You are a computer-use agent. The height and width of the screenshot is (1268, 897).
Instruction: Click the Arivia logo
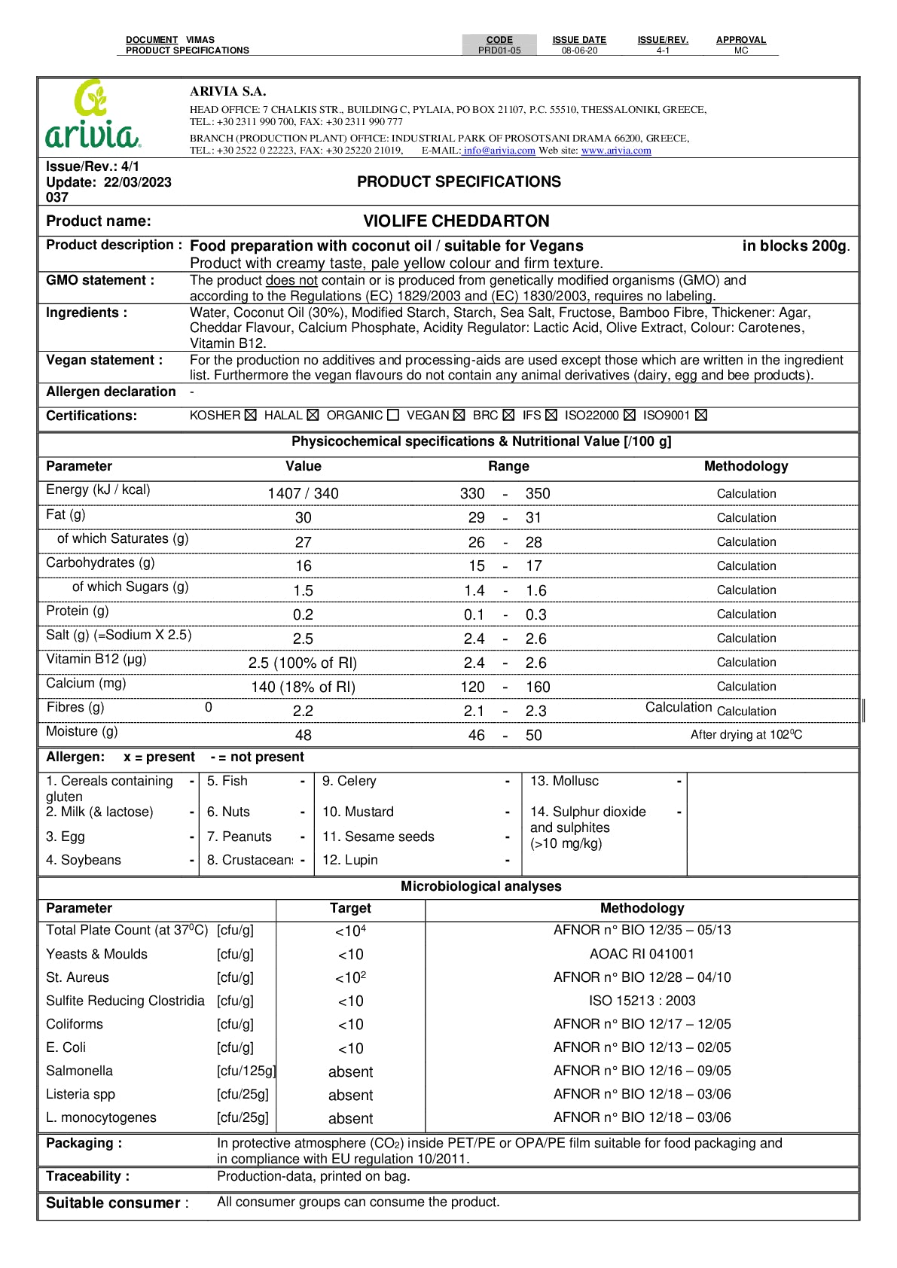[92, 114]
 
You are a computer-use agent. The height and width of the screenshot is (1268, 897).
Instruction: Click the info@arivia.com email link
[499, 151]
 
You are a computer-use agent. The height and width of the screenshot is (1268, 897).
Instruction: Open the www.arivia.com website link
[616, 151]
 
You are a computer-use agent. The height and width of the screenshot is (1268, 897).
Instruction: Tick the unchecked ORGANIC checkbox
[393, 416]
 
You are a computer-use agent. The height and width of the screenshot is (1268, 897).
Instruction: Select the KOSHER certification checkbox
[251, 416]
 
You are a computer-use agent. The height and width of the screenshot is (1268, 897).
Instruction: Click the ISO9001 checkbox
[701, 416]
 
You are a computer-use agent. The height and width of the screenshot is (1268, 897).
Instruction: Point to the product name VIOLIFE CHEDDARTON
[456, 221]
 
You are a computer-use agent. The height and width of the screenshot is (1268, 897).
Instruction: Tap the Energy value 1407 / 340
[303, 494]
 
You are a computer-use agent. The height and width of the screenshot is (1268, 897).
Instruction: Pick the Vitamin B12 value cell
[303, 663]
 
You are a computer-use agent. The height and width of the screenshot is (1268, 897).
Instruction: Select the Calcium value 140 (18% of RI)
[303, 687]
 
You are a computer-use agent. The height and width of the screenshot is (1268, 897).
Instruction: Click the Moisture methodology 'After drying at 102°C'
[746, 735]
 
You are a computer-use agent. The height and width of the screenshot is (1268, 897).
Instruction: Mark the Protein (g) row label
[78, 611]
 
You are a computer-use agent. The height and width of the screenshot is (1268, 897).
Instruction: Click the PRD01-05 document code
[499, 50]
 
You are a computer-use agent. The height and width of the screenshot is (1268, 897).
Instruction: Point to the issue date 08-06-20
[579, 50]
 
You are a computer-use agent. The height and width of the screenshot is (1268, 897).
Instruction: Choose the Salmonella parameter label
[79, 1071]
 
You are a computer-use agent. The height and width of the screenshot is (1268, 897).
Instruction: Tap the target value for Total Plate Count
[350, 931]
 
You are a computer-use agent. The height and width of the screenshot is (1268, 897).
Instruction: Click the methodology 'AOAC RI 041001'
[642, 955]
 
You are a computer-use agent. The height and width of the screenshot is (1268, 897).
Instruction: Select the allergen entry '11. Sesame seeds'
[378, 837]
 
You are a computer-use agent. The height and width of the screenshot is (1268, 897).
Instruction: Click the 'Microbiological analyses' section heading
[481, 887]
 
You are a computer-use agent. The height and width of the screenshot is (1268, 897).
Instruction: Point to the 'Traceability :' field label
[87, 1177]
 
